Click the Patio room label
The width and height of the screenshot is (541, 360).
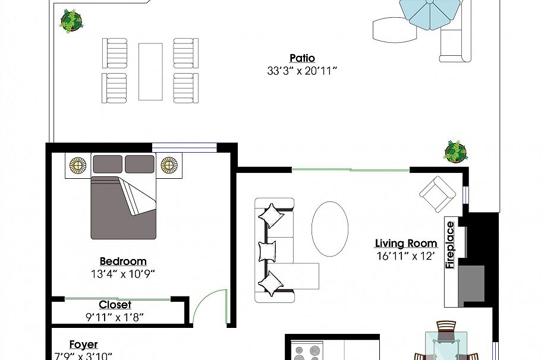[302, 58]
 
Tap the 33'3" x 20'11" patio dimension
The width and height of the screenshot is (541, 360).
[302, 71]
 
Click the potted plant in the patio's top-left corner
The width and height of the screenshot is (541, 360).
[71, 21]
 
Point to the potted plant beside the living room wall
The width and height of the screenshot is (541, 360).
[455, 151]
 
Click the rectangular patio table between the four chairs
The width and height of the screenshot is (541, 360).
[150, 71]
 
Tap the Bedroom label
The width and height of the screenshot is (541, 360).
[122, 261]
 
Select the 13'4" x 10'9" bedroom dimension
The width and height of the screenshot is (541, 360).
[122, 274]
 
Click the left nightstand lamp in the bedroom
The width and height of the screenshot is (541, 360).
[78, 165]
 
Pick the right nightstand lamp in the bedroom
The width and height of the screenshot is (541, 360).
[169, 165]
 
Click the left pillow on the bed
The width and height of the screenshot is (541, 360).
[107, 164]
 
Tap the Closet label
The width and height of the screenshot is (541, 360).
[115, 305]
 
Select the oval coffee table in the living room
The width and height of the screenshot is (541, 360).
[330, 229]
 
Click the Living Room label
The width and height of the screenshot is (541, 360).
[406, 244]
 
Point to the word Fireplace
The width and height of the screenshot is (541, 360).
[450, 245]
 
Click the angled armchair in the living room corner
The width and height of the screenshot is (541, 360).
[438, 194]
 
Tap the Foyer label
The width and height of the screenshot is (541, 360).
[83, 345]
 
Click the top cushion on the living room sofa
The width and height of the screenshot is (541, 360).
[270, 215]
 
